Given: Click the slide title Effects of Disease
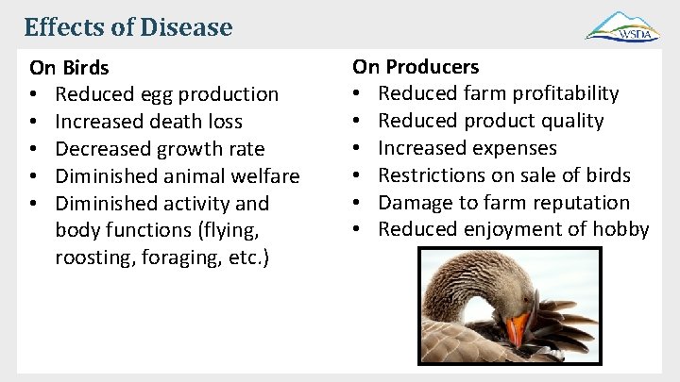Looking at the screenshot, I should point(127,26).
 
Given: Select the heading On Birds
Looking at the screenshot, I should point(69,68).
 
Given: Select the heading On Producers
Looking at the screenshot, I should point(416,67).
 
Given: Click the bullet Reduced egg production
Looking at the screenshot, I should point(167,94).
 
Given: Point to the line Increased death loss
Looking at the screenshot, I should point(149,122).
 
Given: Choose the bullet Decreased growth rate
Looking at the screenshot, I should point(160,149).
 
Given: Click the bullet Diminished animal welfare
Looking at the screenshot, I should point(178,176).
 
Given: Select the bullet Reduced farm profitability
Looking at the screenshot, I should point(499,93).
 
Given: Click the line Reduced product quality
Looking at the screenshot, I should point(491,121).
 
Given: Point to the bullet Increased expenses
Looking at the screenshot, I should point(467,148).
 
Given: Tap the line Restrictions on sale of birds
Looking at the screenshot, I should point(504,175).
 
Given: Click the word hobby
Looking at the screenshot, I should point(622,229).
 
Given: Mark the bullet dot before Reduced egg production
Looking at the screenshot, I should point(34,94).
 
